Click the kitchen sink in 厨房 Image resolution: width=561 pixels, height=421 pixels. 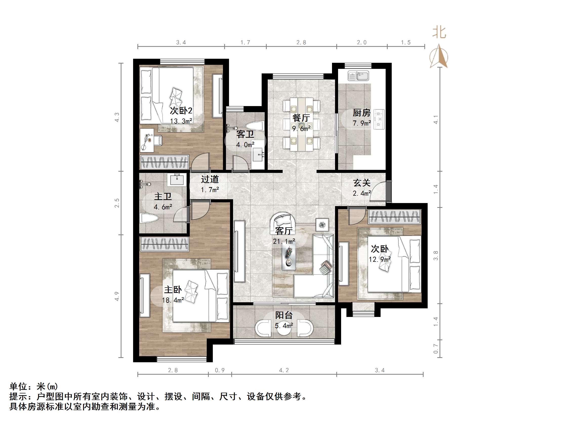click(x=358, y=76)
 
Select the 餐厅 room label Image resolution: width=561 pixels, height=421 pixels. click(x=301, y=118)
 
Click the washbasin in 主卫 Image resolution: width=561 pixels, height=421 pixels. click(x=177, y=179)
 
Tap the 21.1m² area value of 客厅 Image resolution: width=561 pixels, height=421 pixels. click(x=284, y=241)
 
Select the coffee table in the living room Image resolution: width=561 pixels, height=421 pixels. click(x=289, y=258)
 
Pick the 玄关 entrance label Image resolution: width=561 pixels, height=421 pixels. click(x=362, y=183)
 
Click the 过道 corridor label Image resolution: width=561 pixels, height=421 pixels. click(x=210, y=179)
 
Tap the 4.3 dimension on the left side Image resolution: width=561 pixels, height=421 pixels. click(x=117, y=117)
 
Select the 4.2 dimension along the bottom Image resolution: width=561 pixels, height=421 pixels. click(x=284, y=370)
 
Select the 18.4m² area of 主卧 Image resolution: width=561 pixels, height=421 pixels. click(x=173, y=300)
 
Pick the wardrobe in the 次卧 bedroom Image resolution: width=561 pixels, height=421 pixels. click(x=394, y=217)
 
